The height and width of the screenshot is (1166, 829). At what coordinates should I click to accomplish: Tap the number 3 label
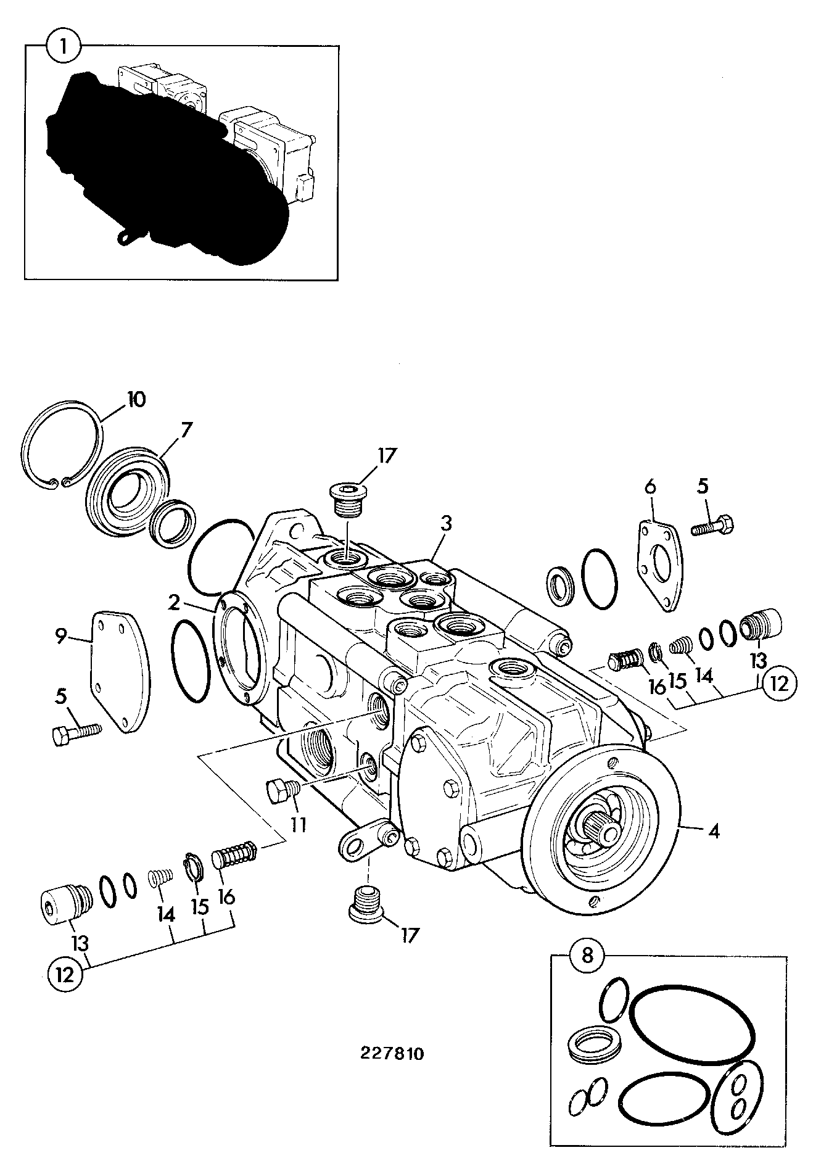pos(446,524)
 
